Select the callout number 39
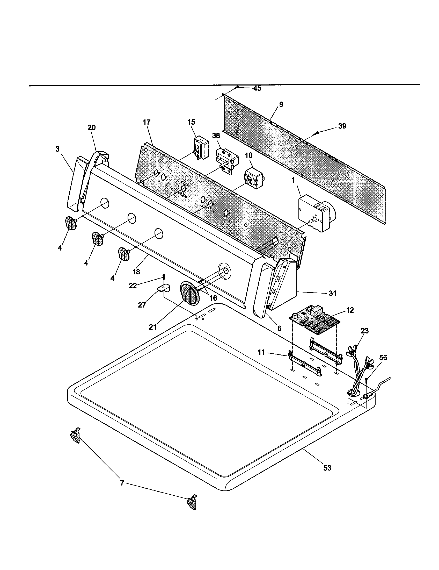click(342, 126)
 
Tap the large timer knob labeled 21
click(188, 293)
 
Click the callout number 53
click(327, 468)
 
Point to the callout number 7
click(122, 483)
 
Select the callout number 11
click(261, 353)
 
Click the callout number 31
click(332, 293)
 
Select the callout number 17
click(147, 122)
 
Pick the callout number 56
click(383, 357)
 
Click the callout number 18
click(136, 272)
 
